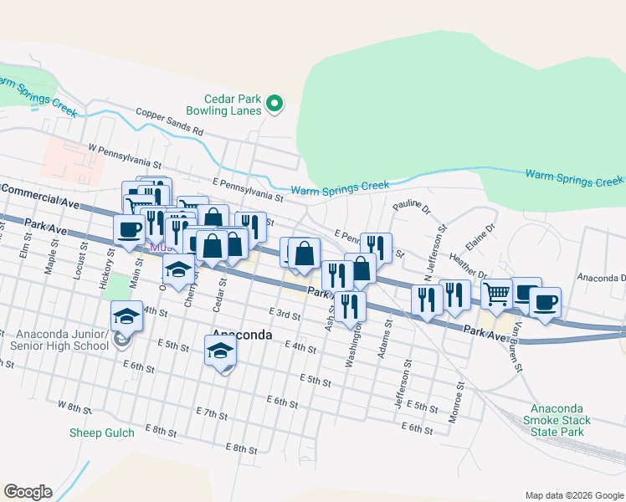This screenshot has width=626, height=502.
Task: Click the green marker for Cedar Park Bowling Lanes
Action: [x=275, y=105]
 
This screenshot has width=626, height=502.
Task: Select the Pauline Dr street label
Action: [x=410, y=205]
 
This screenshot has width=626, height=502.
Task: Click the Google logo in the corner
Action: [x=28, y=492]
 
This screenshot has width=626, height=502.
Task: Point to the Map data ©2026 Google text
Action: [x=574, y=495]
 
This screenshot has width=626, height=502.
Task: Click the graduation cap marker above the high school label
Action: [x=126, y=316]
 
